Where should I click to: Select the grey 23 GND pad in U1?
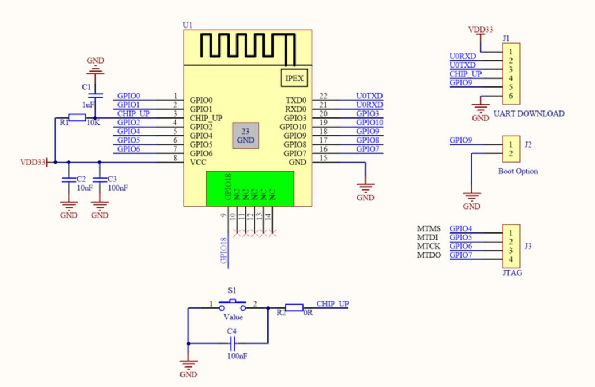[x=246, y=136]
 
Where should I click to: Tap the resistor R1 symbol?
[x=77, y=117]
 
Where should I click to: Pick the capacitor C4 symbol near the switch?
[x=232, y=343]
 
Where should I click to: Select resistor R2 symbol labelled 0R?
[x=294, y=308]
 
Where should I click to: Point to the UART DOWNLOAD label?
[x=528, y=113]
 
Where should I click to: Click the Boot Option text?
[x=518, y=171]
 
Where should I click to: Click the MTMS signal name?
[x=429, y=229]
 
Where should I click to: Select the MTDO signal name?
[x=429, y=255]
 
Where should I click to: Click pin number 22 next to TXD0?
[x=323, y=96]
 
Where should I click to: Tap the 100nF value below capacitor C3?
[x=117, y=188]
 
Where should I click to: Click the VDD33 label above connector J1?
[x=481, y=29]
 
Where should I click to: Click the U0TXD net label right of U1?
[x=369, y=96]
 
